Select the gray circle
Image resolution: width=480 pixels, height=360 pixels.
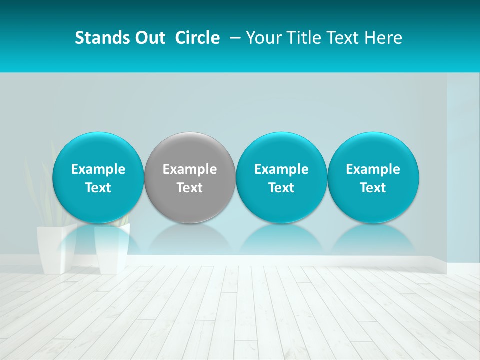click(190, 177)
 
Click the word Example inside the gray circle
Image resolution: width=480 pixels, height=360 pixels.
click(190, 169)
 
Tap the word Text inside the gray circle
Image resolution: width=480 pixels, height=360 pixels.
click(190, 188)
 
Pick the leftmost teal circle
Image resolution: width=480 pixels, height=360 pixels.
click(98, 177)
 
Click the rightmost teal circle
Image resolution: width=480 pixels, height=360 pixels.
click(373, 177)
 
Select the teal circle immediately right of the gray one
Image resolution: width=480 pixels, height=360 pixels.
click(281, 177)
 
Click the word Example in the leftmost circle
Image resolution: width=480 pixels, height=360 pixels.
click(98, 169)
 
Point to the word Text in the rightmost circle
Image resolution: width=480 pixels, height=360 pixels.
click(373, 188)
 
